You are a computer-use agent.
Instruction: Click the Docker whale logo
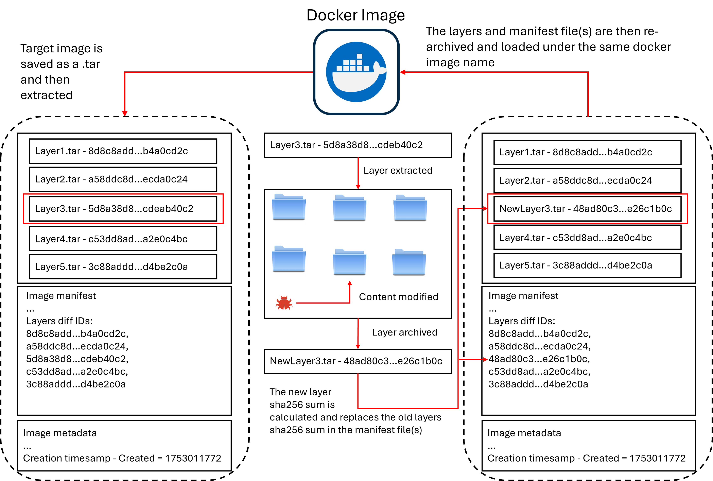coord(356,72)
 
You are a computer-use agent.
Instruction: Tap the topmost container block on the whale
coord(359,56)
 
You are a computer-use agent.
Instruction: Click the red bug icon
coord(284,303)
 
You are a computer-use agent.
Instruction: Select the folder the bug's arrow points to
coord(350,263)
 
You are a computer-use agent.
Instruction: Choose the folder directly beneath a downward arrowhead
coord(350,209)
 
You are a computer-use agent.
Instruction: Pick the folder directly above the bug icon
coord(289,260)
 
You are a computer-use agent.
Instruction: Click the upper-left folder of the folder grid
coord(289,209)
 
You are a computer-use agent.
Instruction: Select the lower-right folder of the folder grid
coord(409,264)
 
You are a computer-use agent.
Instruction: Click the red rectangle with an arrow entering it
coord(588,209)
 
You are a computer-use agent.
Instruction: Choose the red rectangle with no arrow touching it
coord(123,209)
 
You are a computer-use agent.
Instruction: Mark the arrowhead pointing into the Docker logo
coord(403,72)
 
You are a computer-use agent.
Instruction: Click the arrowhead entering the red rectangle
coord(485,209)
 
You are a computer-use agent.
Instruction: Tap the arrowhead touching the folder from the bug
coord(350,283)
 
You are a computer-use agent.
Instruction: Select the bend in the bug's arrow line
coord(350,303)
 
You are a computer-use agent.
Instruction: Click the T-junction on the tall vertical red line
coord(458,360)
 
